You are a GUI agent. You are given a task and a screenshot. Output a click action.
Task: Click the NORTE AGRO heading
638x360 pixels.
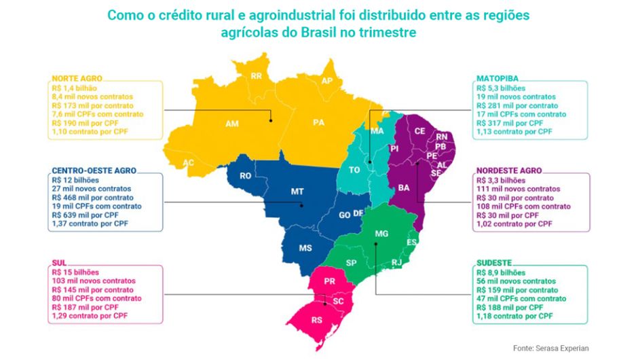[76, 79]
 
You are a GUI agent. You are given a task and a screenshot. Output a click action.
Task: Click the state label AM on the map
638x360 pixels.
[232, 124]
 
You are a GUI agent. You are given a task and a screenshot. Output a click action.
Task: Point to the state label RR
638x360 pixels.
[257, 76]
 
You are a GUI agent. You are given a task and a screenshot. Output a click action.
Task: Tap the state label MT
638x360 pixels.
[297, 192]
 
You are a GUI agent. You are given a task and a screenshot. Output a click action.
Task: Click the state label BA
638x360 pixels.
[403, 187]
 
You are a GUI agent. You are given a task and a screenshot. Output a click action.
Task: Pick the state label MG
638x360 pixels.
[381, 234]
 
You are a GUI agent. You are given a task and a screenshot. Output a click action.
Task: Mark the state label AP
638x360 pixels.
[326, 81]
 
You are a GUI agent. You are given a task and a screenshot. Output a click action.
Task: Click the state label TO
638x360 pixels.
[354, 170]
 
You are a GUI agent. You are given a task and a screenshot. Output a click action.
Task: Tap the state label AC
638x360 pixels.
[189, 163]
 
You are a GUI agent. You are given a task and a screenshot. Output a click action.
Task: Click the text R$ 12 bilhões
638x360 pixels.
[75, 179]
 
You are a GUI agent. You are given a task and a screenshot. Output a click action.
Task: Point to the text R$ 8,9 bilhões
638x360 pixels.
[503, 272]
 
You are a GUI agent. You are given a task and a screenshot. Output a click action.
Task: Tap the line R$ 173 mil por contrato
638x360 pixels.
[92, 106]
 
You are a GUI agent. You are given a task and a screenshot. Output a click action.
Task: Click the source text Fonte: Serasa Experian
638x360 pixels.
[550, 348]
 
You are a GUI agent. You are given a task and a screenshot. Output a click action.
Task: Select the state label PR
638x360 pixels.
[329, 281]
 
